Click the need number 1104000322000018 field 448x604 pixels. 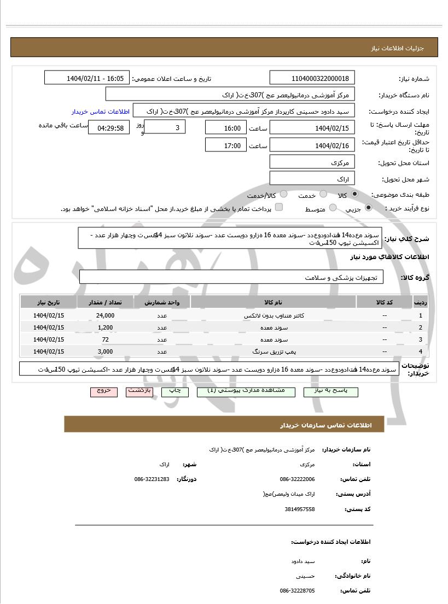pos(312,78)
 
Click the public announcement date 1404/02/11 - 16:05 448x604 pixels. pos(88,78)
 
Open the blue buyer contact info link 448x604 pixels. pos(100,112)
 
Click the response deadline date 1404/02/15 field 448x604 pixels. pos(312,128)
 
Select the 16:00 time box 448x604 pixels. pos(226,128)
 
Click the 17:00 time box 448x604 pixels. pos(226,145)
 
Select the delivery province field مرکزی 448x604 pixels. pos(312,163)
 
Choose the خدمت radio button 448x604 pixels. pos(324,194)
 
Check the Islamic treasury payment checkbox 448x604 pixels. pos(279,207)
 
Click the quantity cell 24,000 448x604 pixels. pos(105,315)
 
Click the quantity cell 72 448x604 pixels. pos(105,339)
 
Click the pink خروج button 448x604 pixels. pos(104,391)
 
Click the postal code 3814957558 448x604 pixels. pos(300,509)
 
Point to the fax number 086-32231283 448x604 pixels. pos(152,479)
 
